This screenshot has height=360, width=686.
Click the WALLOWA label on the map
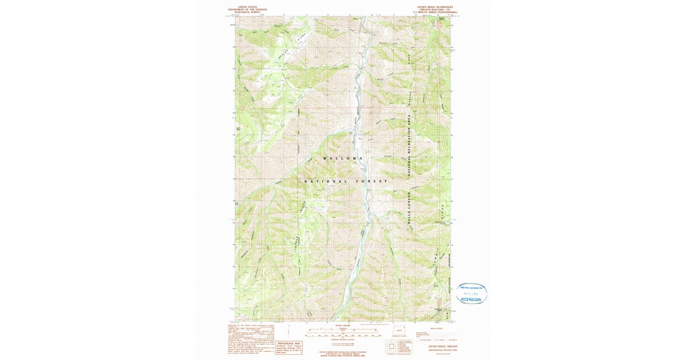click(342, 158)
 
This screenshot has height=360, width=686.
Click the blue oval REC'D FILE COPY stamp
click(472, 293)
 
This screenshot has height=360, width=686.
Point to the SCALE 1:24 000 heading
click(342, 326)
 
